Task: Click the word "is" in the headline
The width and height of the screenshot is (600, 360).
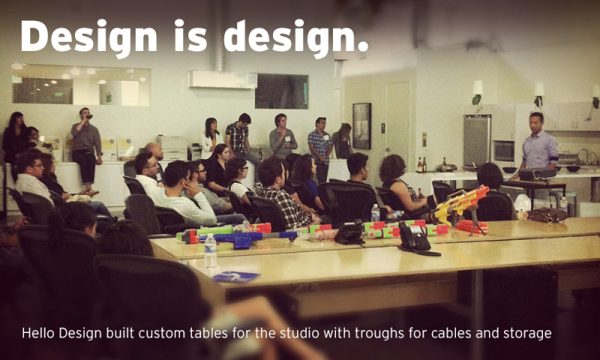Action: [190, 36]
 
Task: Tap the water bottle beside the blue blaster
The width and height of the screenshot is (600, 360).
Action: [211, 250]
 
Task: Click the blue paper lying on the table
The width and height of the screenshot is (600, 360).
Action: [236, 276]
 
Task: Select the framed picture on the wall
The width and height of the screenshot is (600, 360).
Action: [361, 125]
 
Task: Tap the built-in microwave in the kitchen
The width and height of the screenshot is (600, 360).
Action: [503, 151]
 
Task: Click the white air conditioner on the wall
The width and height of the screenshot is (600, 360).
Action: [212, 79]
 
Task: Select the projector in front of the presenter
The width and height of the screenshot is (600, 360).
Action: [533, 173]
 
